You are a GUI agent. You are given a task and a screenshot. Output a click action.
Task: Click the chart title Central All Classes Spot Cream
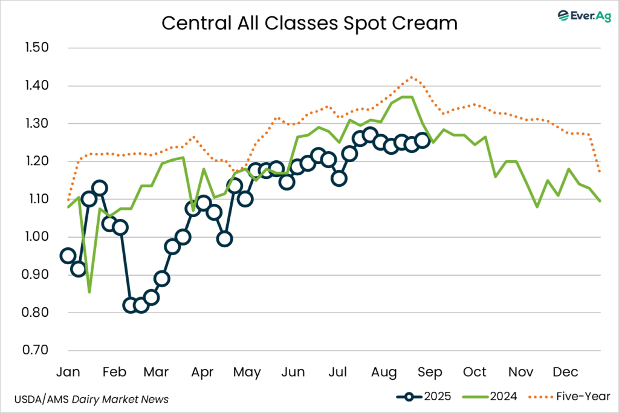click(x=309, y=23)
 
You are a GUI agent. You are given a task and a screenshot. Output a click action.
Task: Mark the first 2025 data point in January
click(x=68, y=256)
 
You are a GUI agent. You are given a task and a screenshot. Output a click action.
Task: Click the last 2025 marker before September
click(x=423, y=141)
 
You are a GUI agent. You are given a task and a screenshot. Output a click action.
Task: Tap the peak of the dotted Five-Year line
click(x=412, y=77)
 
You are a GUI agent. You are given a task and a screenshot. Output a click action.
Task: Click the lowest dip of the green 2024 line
click(x=89, y=292)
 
